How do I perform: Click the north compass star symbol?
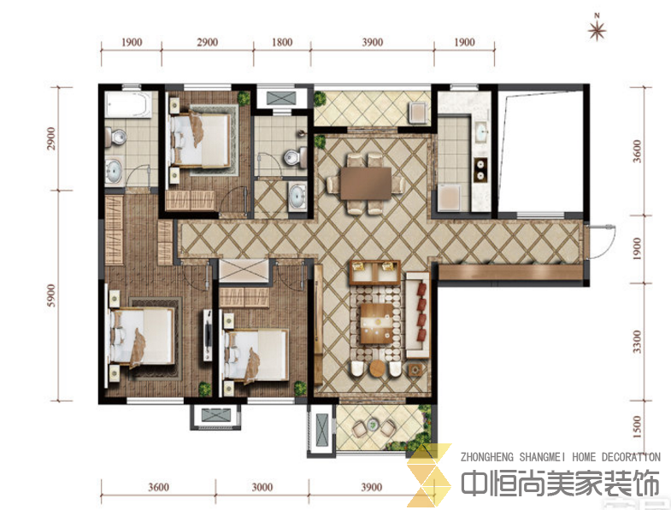pyautogui.click(x=597, y=30)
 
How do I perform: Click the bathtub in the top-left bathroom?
pyautogui.click(x=128, y=104)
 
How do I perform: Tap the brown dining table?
pyautogui.click(x=366, y=183)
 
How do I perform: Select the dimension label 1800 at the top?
pyautogui.click(x=282, y=42)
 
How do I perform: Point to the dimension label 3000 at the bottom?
pyautogui.click(x=262, y=487)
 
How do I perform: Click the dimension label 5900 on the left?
pyautogui.click(x=51, y=296)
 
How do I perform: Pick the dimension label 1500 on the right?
pyautogui.click(x=637, y=427)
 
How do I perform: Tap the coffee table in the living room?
pyautogui.click(x=377, y=323)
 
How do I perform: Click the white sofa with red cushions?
pyautogui.click(x=417, y=314)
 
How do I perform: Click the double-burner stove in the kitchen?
pyautogui.click(x=480, y=169)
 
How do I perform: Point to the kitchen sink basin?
pyautogui.click(x=482, y=131)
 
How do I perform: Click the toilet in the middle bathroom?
pyautogui.click(x=296, y=157)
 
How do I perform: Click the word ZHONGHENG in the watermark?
pyautogui.click(x=486, y=457)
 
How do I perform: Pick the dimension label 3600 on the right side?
pyautogui.click(x=637, y=151)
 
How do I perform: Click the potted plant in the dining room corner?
pyautogui.click(x=320, y=142)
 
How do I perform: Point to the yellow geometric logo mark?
pyautogui.click(x=429, y=475)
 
